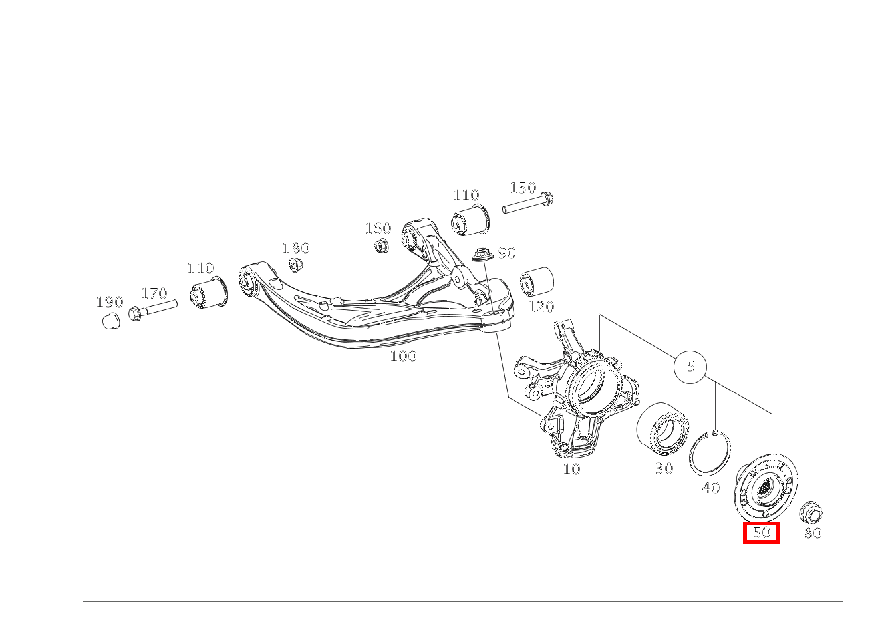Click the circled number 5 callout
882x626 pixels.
pyautogui.click(x=690, y=367)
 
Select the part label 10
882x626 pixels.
pyautogui.click(x=571, y=469)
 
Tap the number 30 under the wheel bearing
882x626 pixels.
pyautogui.click(x=664, y=468)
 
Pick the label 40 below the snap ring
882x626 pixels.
pyautogui.click(x=711, y=488)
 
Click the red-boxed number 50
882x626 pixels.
pyautogui.click(x=761, y=532)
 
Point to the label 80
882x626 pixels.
pyautogui.click(x=813, y=533)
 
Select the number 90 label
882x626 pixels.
pyautogui.click(x=507, y=253)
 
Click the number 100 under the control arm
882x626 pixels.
pyautogui.click(x=403, y=356)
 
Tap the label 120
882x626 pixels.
pyautogui.click(x=541, y=306)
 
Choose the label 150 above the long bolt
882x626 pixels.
pyautogui.click(x=523, y=188)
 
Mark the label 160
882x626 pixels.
pyautogui.click(x=378, y=228)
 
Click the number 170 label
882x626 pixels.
pyautogui.click(x=154, y=293)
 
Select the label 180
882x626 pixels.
pyautogui.click(x=296, y=248)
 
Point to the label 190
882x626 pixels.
pyautogui.click(x=110, y=302)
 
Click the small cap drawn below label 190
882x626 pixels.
pyautogui.click(x=111, y=321)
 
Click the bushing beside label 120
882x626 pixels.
pyautogui.click(x=537, y=281)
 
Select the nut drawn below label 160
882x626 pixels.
pyautogui.click(x=382, y=245)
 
